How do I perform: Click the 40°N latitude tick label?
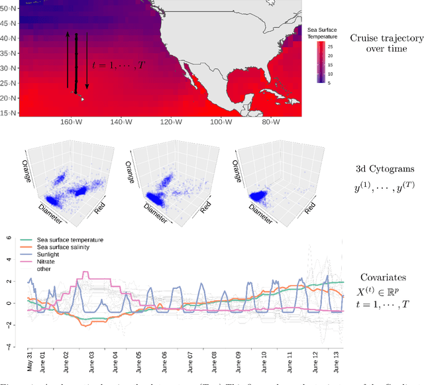click(x=9, y=38)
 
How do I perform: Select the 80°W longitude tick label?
click(x=268, y=122)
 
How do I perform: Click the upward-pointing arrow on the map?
click(x=67, y=60)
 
